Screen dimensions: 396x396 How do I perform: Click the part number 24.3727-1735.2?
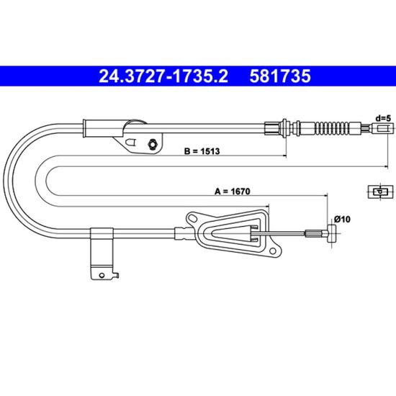click(x=163, y=76)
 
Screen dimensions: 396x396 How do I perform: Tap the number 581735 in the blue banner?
click(x=280, y=76)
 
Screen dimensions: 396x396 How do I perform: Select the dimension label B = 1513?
click(x=202, y=151)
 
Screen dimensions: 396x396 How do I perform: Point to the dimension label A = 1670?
click(x=233, y=192)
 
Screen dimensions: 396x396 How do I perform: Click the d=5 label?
click(x=383, y=118)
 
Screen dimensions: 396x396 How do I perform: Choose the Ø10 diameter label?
click(x=342, y=219)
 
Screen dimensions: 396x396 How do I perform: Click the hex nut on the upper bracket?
click(x=153, y=145)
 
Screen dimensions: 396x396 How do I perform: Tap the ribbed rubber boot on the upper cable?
click(x=332, y=128)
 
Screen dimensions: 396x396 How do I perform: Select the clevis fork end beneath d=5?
click(x=383, y=129)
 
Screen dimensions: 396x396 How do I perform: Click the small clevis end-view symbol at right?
click(x=380, y=192)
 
